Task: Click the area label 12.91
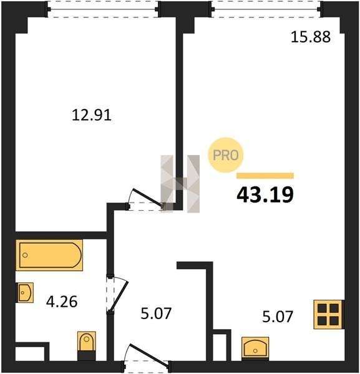coord(92,115)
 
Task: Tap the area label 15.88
coord(311,37)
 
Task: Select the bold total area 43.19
coord(265,194)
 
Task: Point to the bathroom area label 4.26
coord(62,302)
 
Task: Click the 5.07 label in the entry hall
coord(156,314)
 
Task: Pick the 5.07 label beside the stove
coord(278,317)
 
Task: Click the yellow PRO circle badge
coord(225,155)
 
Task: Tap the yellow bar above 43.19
coord(265,176)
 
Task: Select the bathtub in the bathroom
coord(49,255)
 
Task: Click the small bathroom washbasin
coord(25,292)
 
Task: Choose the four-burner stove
coord(328,314)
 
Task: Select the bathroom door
coord(119,294)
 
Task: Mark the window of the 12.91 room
coord(103,9)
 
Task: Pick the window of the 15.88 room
coord(267,9)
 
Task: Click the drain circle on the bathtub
coord(25,255)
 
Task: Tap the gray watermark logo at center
coord(180,184)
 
